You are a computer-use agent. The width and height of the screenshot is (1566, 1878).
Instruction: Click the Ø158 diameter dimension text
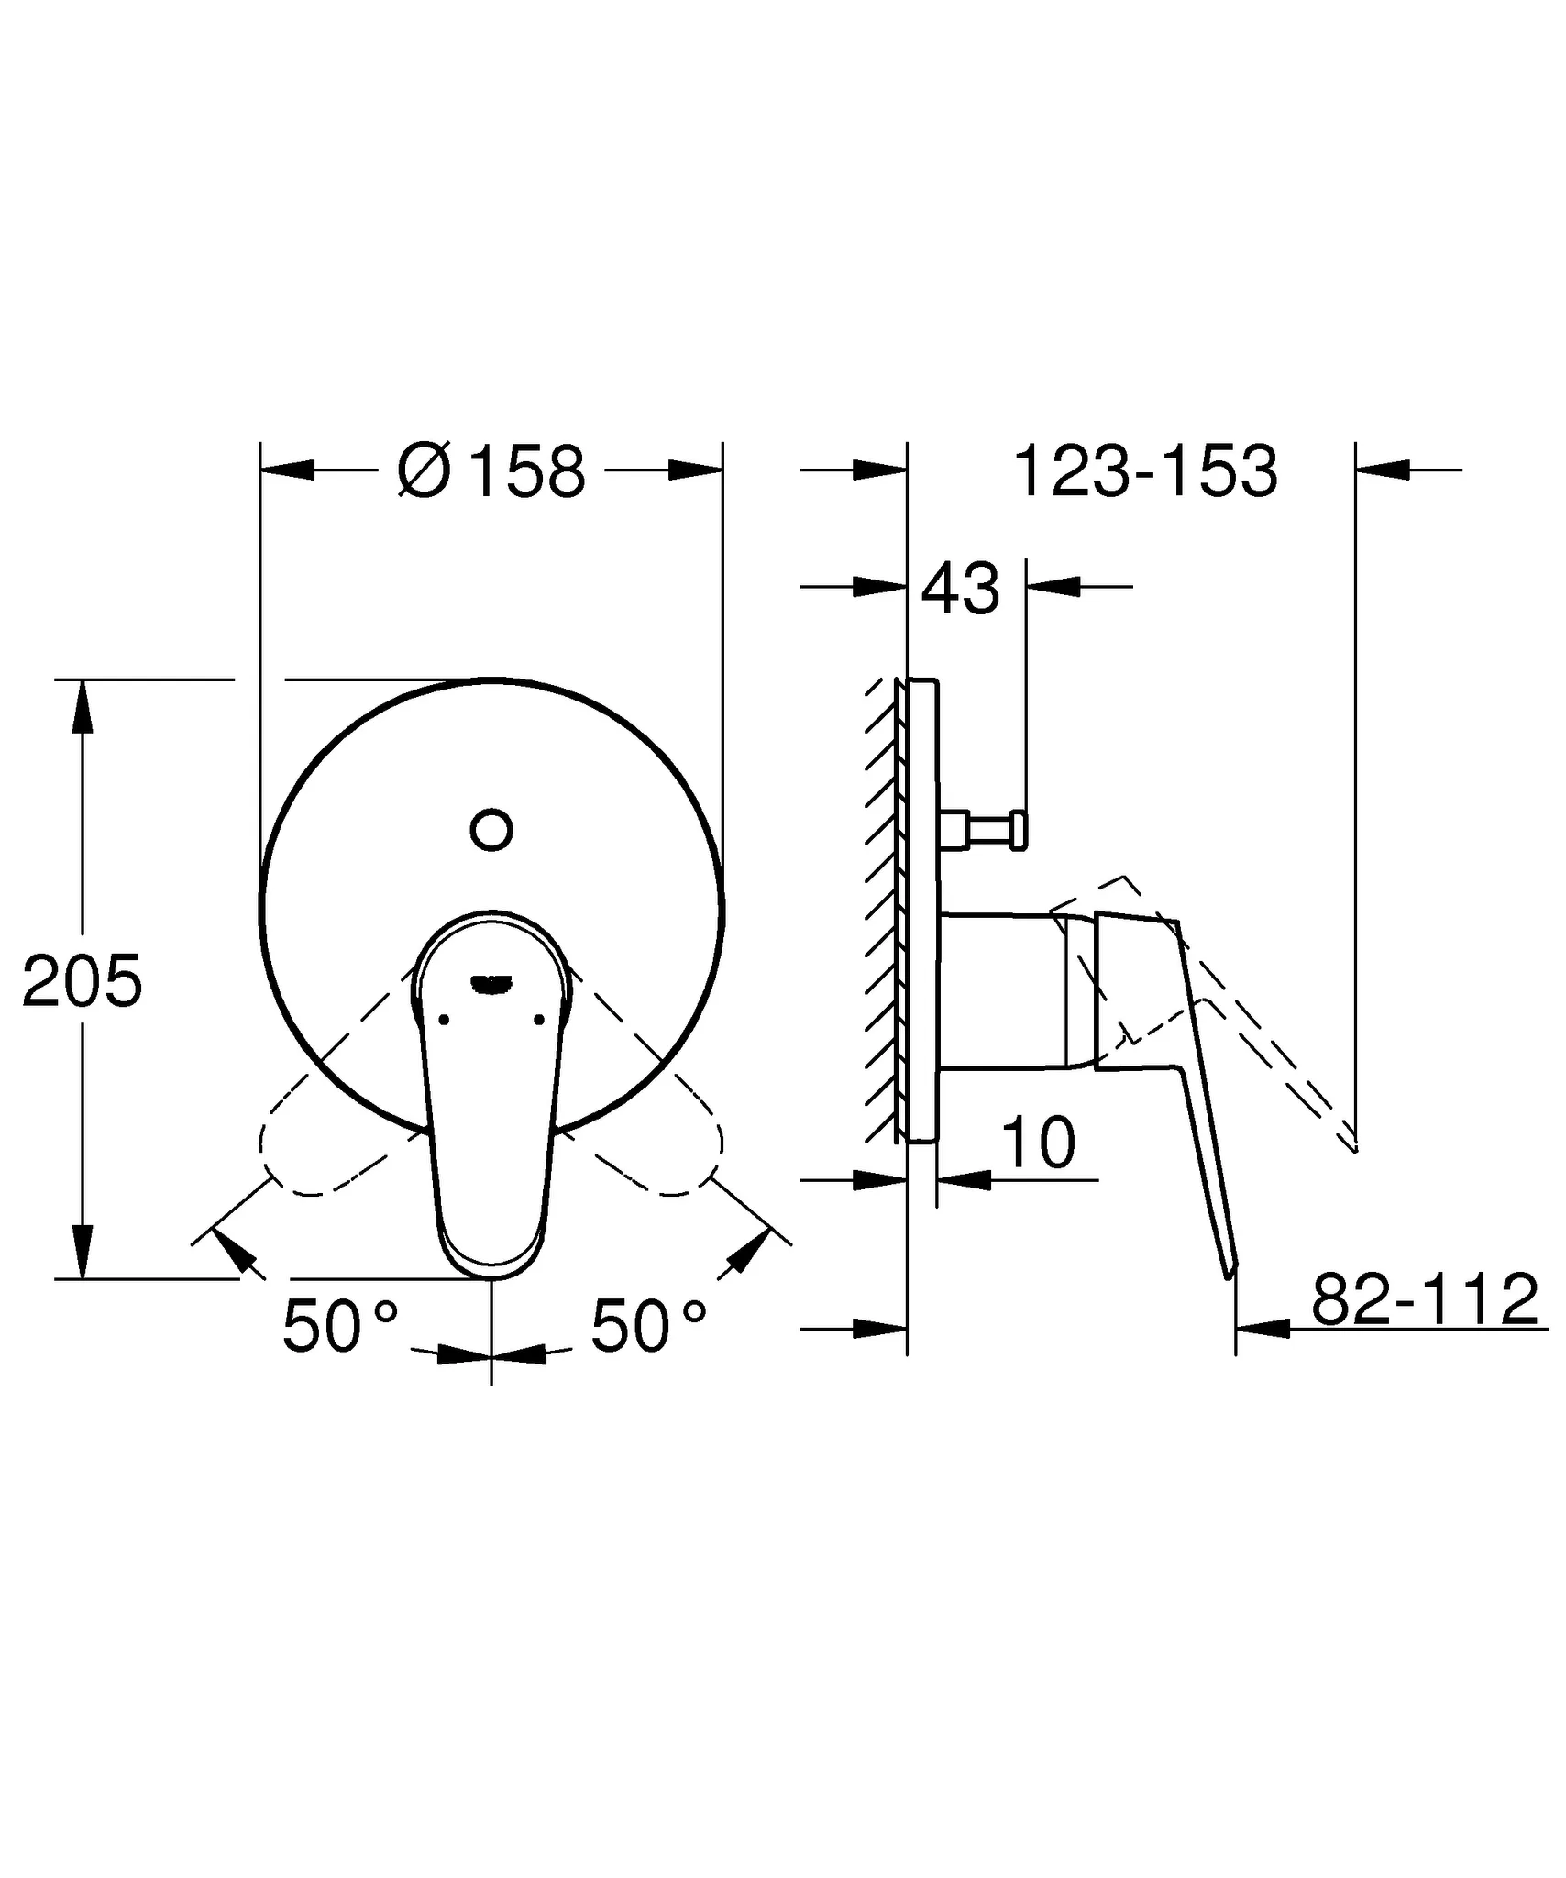coord(492,471)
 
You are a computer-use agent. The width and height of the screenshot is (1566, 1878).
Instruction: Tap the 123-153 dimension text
coord(1145,471)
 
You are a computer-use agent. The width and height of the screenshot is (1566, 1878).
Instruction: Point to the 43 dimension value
coord(960,589)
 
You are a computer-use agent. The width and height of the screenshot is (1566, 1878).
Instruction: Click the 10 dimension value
coord(1038,1143)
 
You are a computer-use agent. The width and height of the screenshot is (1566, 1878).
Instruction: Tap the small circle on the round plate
coord(491,830)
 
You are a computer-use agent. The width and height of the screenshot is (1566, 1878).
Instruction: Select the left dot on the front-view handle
coord(445,1020)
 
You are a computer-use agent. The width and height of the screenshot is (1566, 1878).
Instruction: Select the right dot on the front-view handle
coord(538,1020)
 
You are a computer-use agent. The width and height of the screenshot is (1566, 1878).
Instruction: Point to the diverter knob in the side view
coord(995,830)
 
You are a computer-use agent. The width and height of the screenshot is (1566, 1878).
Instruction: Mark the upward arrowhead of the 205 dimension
coord(83,706)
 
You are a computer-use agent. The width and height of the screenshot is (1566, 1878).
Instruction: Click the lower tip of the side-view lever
coord(1230,1270)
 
